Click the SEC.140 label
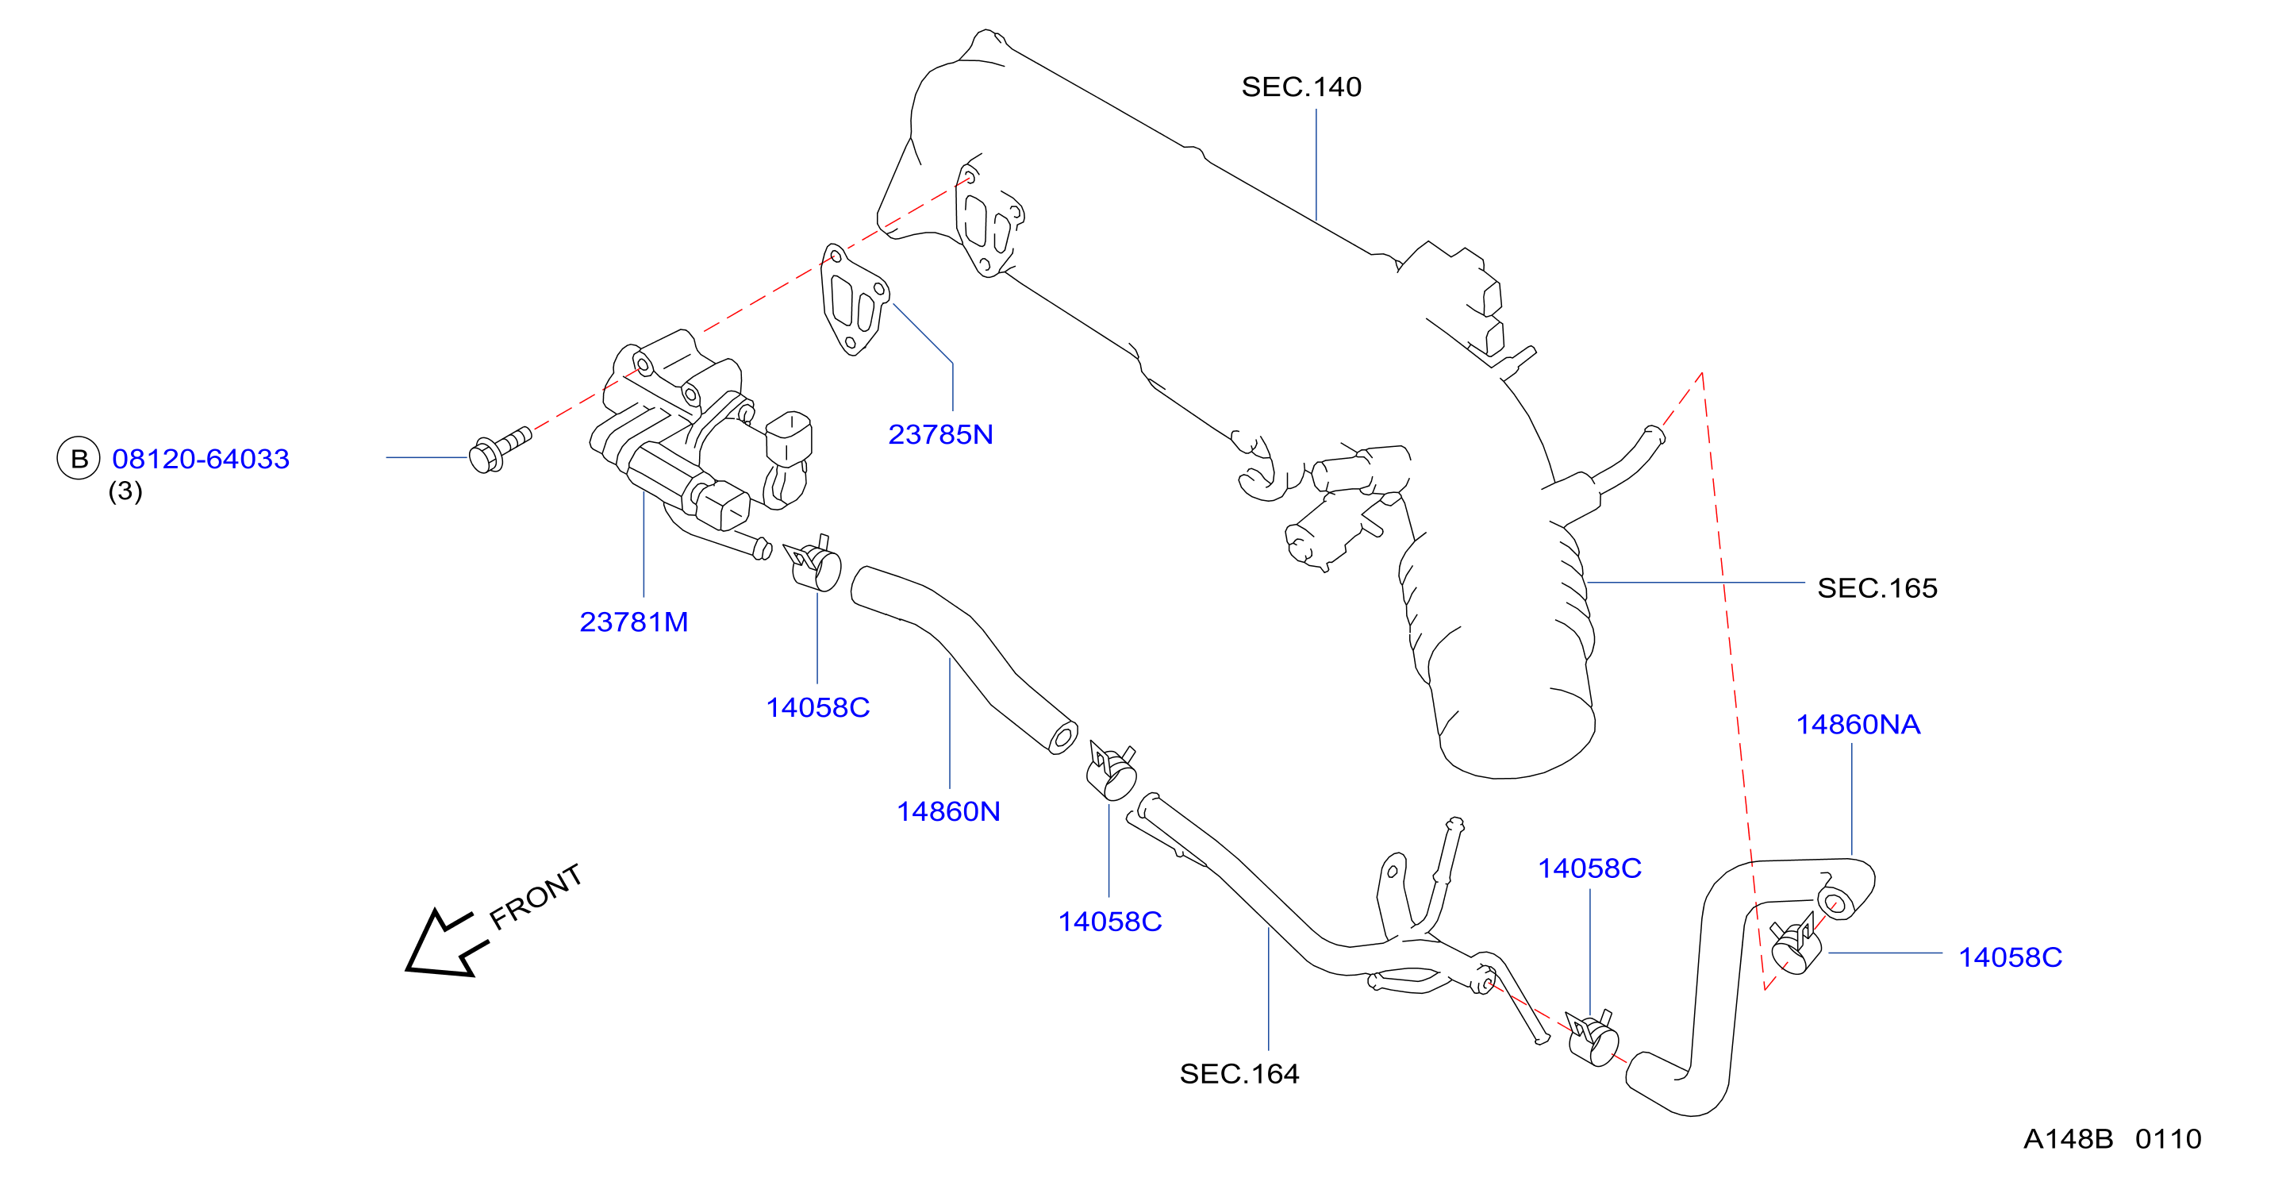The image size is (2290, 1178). pos(1301,87)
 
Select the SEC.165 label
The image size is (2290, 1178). pos(1877,587)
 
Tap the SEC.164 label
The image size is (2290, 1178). pos(1239,1074)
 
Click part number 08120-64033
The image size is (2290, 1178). pos(201,459)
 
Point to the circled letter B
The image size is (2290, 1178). pos(79,459)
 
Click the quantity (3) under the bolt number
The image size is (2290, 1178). pos(125,491)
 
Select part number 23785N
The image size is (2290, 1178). pos(940,435)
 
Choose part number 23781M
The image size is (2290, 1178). pos(634,622)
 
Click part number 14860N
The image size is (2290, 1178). pos(948,812)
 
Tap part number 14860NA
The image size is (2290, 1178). pos(1858,725)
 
